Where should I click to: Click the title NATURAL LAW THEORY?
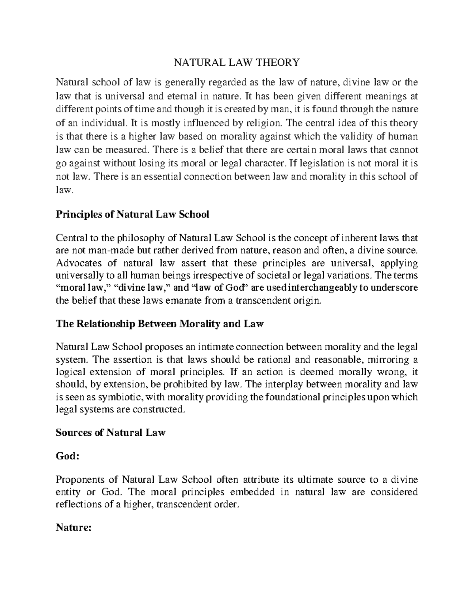pyautogui.click(x=237, y=62)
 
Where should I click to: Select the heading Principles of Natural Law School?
pyautogui.click(x=132, y=215)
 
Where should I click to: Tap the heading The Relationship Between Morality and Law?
pyautogui.click(x=160, y=324)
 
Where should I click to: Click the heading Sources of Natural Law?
pyautogui.click(x=110, y=433)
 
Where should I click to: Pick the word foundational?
pyautogui.click(x=289, y=397)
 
